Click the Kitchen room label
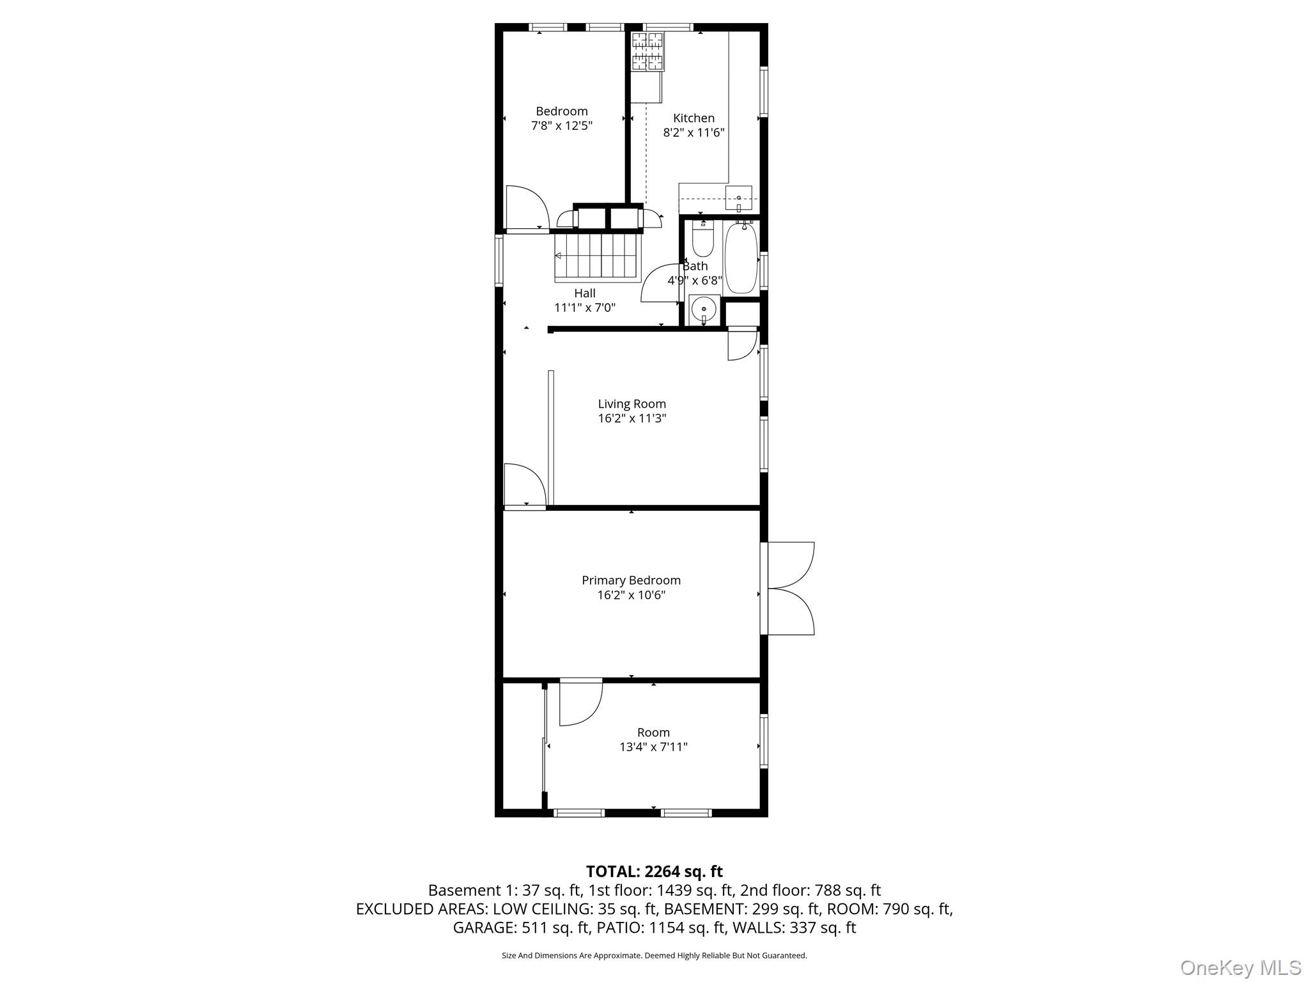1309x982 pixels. coord(693,118)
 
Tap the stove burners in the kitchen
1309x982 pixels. coord(647,51)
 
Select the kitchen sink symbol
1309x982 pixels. coord(739,199)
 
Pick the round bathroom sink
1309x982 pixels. coord(704,310)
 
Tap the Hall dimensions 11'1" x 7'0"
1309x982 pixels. coord(585,308)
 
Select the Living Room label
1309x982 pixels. coord(631,404)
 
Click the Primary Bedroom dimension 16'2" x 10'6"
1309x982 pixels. coord(631,595)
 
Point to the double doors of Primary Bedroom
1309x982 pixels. coord(790,588)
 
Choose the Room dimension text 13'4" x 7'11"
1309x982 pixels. coord(653,747)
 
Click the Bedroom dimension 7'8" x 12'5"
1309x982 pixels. coord(562,126)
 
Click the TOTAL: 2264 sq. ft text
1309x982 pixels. coord(654,871)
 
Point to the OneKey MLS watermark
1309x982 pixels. coord(1240,967)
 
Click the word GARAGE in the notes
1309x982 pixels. coord(482,928)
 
